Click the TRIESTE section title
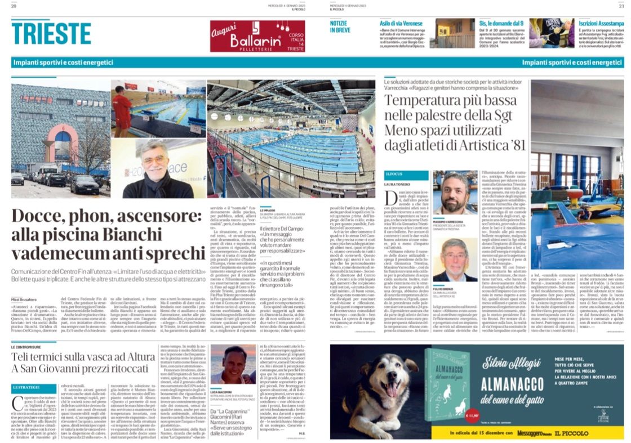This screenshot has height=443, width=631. pyautogui.click(x=51, y=33)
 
